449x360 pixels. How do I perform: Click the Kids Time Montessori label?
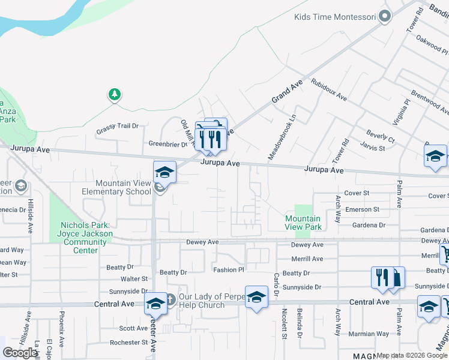click(335, 16)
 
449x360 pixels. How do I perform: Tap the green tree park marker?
click(114, 95)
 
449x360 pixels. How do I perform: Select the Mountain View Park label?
click(303, 223)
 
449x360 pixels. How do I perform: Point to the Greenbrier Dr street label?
click(168, 144)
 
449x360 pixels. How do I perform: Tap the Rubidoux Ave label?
click(328, 89)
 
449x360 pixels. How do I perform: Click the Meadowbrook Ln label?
click(282, 137)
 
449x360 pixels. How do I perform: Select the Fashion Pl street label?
click(229, 270)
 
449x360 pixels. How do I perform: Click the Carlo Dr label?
click(277, 284)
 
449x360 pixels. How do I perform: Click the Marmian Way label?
click(370, 334)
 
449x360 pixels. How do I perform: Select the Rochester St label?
click(128, 343)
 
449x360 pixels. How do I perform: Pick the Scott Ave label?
click(133, 328)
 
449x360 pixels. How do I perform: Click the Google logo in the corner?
click(20, 353)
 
